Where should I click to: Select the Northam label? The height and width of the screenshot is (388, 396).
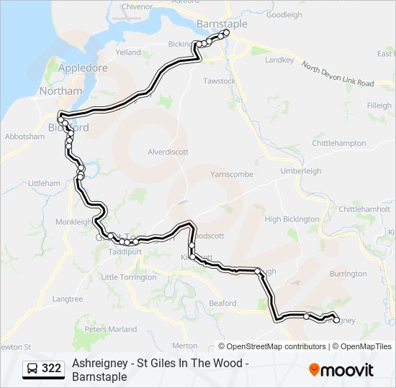60,91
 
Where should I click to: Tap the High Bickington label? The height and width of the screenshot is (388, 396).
292,219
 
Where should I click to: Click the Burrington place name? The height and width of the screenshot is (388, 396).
348,274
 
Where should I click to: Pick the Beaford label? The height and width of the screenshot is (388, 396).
222,303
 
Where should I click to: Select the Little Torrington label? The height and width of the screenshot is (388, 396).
129,277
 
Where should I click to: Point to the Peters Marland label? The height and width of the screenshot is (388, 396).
110,329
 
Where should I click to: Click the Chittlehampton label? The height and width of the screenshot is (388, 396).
339,143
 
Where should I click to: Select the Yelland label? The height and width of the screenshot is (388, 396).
128,52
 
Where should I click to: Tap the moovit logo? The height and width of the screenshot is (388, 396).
341,370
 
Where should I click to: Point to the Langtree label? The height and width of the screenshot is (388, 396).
68,298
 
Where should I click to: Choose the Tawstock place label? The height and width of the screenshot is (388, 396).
220,81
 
